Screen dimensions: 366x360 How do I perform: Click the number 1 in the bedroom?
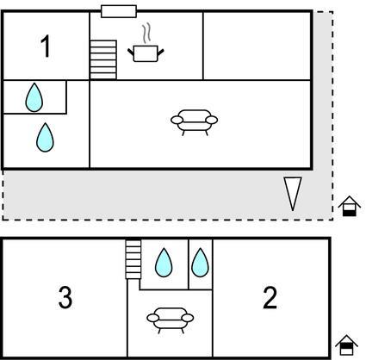pos(46,46)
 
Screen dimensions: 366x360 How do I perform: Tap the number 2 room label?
pos(270,298)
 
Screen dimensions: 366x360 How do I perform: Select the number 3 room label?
pos(65,298)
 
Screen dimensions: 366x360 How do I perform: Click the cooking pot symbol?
pos(146,53)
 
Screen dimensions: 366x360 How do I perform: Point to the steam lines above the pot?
pos(146,34)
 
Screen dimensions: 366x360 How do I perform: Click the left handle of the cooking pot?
pos(131,52)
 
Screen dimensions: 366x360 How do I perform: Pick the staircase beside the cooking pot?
pos(103,59)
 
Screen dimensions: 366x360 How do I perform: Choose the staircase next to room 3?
pos(133,259)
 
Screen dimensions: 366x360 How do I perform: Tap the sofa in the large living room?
pos(194,122)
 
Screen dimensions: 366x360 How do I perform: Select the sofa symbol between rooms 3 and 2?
pos(171,320)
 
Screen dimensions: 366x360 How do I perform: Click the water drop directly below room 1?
pos(34,97)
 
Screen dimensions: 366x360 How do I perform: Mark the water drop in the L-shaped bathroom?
pos(45,138)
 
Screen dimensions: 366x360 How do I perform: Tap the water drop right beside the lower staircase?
pos(164,263)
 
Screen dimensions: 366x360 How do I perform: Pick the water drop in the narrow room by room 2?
pos(200,263)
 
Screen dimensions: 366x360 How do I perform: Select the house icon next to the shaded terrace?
pos(349,206)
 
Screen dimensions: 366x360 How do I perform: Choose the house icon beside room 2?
pos(346,345)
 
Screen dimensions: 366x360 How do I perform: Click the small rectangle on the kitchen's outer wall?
pos(119,11)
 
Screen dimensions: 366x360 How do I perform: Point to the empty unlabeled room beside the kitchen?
pos(257,46)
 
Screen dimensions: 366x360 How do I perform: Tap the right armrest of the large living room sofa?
pos(212,120)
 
